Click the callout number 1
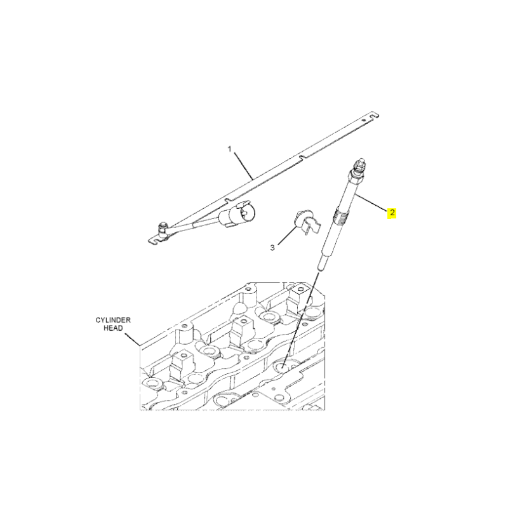point(230,149)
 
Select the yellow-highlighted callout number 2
point(392,213)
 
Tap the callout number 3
point(272,248)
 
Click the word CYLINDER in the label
point(113,320)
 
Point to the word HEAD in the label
point(113,328)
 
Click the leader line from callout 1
point(243,166)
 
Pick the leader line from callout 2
point(371,202)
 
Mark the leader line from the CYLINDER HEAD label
point(132,338)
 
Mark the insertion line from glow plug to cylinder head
point(300,320)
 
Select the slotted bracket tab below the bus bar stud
point(158,240)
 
